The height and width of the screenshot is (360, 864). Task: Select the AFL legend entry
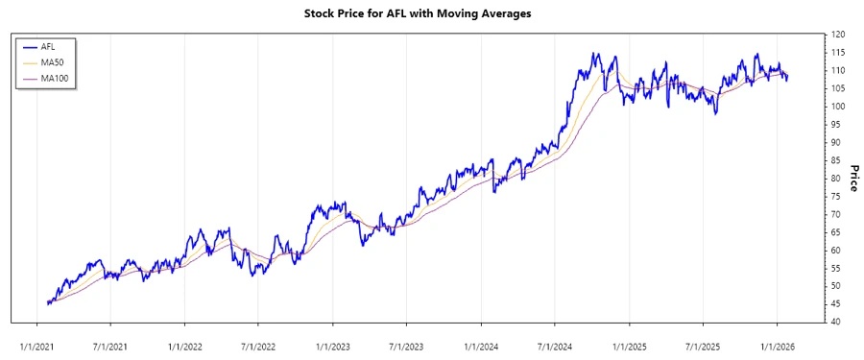coord(48,46)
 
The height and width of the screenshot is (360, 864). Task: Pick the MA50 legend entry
coord(51,61)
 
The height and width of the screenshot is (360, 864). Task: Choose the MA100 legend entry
coord(53,77)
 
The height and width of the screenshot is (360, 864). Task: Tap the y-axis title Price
coord(851,178)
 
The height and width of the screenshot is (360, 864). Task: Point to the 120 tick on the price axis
coord(837,35)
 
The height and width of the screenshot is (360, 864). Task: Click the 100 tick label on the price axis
coord(837,107)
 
